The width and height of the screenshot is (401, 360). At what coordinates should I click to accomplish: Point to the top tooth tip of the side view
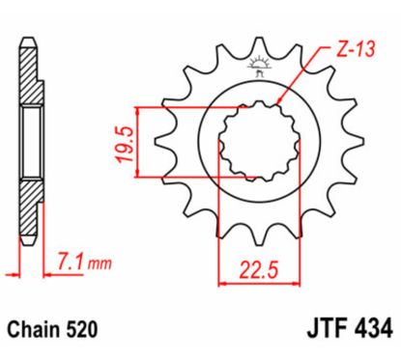(x=30, y=41)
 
